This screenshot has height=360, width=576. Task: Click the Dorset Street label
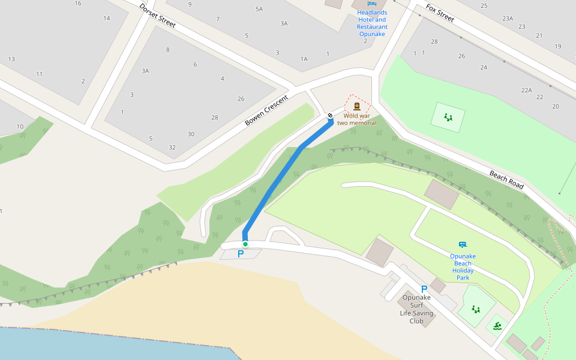point(157,16)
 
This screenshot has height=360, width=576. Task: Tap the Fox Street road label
point(440,13)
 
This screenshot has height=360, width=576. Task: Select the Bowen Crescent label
point(266,110)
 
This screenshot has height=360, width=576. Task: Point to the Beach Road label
point(506,179)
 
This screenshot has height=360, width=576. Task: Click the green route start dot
point(245,244)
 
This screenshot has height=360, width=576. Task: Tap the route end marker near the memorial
point(330,115)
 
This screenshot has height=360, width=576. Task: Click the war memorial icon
point(357,106)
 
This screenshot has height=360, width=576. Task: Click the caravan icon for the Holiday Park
point(462,245)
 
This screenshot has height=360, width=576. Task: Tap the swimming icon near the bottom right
point(498,326)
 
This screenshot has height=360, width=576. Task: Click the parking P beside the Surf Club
point(424,289)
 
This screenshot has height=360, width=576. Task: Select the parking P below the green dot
point(241,254)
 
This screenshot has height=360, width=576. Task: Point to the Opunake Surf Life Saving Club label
point(416,309)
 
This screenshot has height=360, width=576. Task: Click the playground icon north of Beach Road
point(448,117)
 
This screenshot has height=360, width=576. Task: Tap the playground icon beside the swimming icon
point(476,309)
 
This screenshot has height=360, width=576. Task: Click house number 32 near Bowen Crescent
point(172,147)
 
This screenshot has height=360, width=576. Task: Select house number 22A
point(526,90)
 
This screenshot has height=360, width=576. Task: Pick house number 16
point(78,4)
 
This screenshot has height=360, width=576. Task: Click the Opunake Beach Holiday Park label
point(463,267)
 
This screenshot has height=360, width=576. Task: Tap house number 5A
point(259,9)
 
